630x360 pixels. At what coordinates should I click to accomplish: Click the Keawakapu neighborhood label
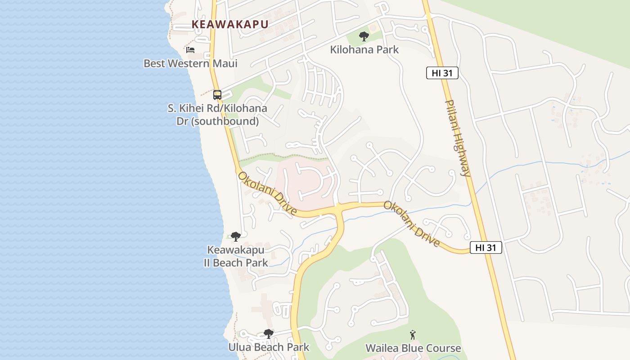[x=230, y=24]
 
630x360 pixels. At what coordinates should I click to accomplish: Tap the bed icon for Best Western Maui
[x=190, y=49]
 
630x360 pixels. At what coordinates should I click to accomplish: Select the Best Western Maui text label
[x=190, y=63]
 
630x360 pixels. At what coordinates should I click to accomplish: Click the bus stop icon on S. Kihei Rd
[x=217, y=95]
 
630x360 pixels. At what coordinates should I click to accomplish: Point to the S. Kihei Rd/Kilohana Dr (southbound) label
[x=217, y=115]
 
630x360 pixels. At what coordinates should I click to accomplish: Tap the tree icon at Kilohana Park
[x=364, y=36]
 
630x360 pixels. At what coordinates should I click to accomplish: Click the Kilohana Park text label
[x=364, y=49]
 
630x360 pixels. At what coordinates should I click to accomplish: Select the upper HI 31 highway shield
[x=442, y=73]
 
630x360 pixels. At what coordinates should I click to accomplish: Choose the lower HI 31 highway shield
[x=486, y=247]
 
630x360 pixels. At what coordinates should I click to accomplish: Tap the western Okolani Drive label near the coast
[x=267, y=193]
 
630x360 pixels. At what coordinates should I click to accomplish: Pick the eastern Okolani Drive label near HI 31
[x=411, y=224]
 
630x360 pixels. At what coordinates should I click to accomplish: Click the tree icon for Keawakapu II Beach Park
[x=235, y=236]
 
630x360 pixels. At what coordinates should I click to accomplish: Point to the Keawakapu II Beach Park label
[x=236, y=256]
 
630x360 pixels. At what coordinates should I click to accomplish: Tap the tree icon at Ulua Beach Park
[x=269, y=334]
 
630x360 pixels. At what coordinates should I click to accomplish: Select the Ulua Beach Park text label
[x=269, y=347]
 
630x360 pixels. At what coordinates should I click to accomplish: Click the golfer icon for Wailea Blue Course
[x=413, y=335]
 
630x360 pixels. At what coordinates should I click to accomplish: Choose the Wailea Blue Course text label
[x=413, y=348]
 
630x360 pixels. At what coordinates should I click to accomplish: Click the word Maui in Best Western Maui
[x=225, y=63]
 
